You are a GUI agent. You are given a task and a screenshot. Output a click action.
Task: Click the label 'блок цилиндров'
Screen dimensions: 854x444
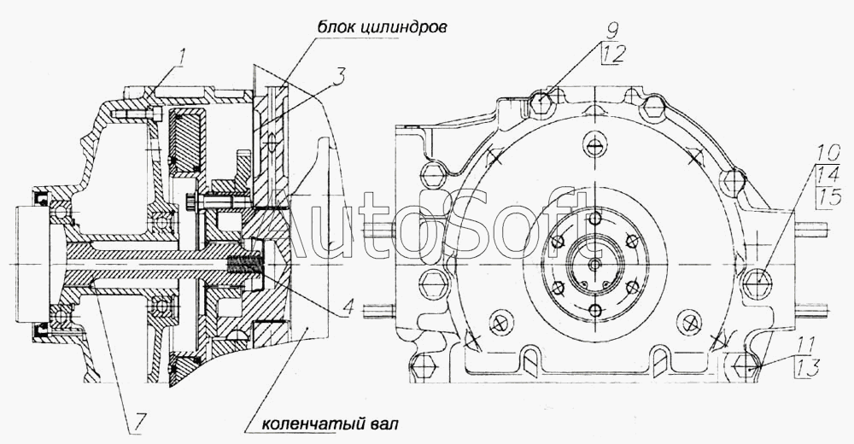(383, 26)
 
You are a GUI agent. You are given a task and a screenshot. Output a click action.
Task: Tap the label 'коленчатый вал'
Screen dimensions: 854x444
(330, 424)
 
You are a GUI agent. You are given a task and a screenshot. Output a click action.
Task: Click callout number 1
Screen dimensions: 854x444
(183, 56)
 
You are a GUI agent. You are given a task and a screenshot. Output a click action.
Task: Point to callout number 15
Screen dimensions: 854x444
(828, 196)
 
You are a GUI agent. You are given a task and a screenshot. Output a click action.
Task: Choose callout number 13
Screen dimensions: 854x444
(809, 369)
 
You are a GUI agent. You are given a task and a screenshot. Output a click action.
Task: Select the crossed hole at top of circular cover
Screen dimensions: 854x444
(596, 145)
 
